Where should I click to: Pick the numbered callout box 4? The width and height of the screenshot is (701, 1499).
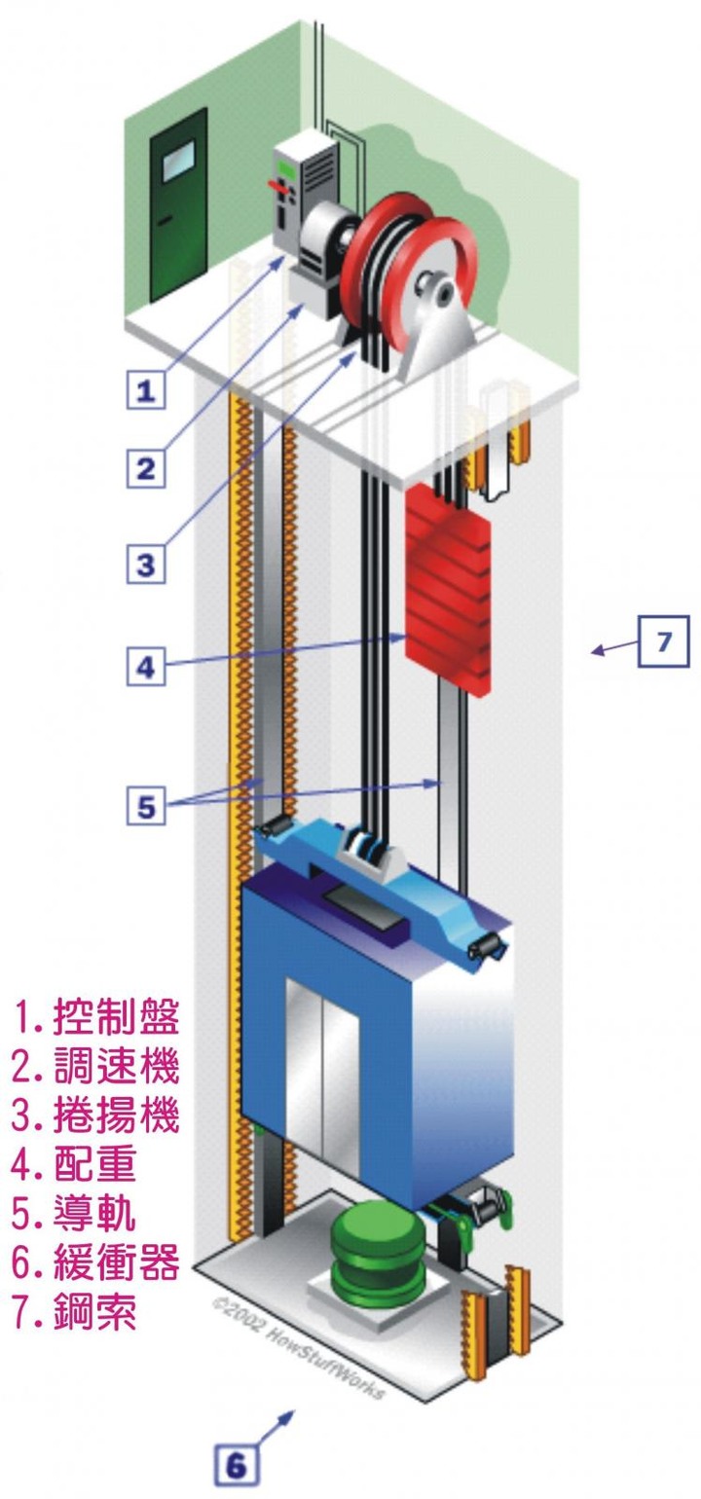point(145,667)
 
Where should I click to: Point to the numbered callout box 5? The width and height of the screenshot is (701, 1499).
point(145,805)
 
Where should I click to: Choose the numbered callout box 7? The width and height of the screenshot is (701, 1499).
point(663,640)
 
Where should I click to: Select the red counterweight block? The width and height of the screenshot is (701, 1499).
point(449,589)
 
